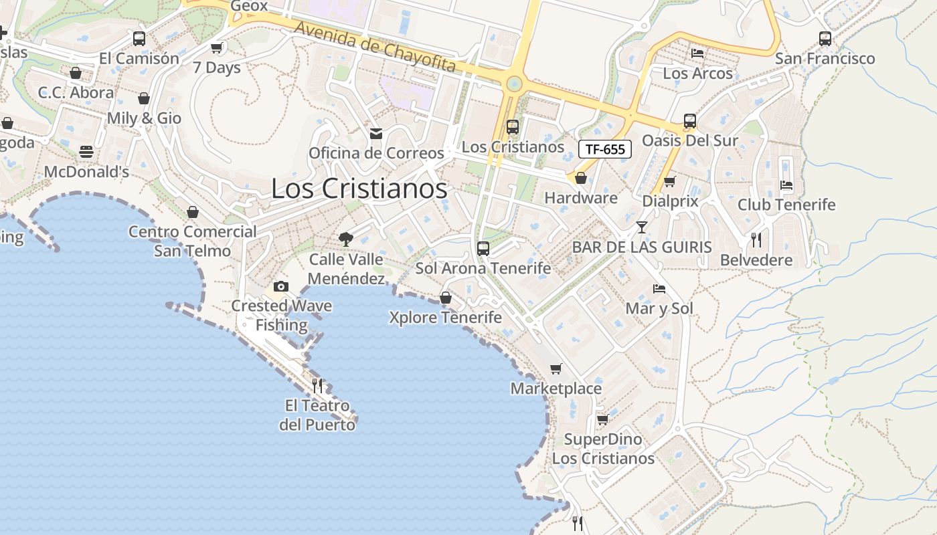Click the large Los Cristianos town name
click(359, 189)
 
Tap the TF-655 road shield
click(604, 149)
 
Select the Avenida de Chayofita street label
click(375, 47)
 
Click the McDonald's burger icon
click(86, 152)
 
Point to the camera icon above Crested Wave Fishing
click(281, 286)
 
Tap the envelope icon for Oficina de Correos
click(376, 134)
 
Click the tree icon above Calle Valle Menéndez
click(346, 239)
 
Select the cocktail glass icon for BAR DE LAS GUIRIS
click(641, 227)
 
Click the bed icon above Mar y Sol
click(659, 289)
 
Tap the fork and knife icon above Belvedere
click(756, 239)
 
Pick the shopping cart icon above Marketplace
click(556, 368)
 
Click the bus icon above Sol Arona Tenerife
click(483, 249)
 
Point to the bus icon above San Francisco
click(825, 39)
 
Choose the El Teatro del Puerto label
click(317, 415)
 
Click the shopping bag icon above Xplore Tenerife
click(445, 298)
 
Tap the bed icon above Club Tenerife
click(786, 185)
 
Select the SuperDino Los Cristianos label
click(603, 449)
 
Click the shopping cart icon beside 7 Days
click(216, 47)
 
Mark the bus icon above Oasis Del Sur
click(689, 121)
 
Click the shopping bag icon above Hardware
click(580, 178)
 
